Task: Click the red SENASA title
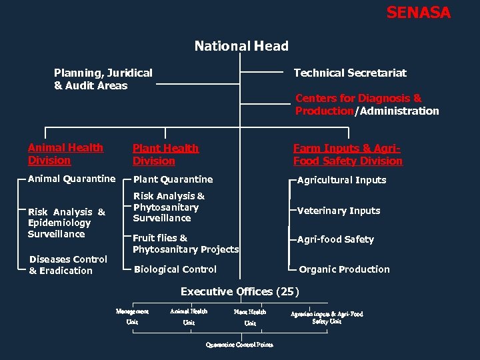(418, 13)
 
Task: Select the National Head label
(241, 46)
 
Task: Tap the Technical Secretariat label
(350, 73)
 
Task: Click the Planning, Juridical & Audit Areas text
(103, 79)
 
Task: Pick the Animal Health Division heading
(65, 154)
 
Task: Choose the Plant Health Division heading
(165, 155)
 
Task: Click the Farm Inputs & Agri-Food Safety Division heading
(347, 155)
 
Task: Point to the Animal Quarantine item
(71, 179)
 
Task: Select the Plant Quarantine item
(173, 179)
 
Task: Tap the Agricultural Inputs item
(341, 180)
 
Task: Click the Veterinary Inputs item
(339, 211)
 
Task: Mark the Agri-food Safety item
(335, 239)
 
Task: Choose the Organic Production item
(344, 269)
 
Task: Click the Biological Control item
(175, 269)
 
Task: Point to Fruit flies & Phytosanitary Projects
(185, 243)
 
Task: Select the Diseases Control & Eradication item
(68, 265)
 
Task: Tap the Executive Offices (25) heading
(240, 291)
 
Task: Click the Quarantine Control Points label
(239, 345)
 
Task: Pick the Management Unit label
(132, 317)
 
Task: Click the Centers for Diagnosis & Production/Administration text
(367, 105)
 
